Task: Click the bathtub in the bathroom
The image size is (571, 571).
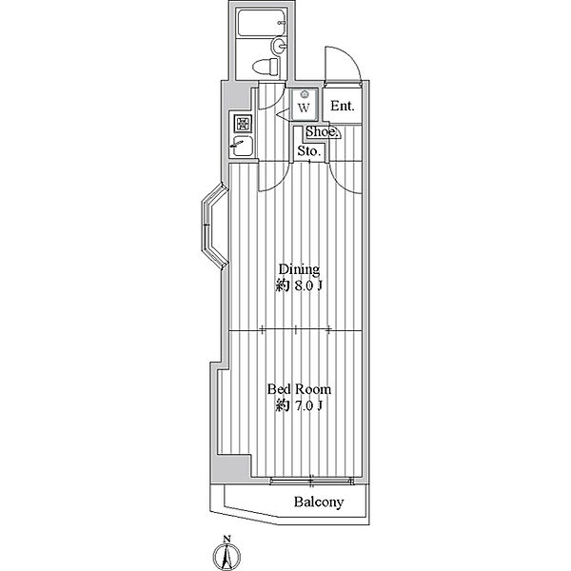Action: pos(262,23)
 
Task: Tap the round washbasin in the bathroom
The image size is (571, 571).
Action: pos(279,45)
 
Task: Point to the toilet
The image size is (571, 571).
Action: pos(266,68)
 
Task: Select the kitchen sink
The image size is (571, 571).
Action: pos(242,146)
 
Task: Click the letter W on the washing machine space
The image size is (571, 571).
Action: pos(304,108)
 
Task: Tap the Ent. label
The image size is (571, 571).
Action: pos(343,106)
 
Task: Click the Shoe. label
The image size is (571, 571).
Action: pos(322,132)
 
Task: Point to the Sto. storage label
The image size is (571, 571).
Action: pos(308,150)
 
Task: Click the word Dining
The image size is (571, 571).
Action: pos(299,269)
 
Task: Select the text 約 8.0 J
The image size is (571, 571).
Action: pos(299,285)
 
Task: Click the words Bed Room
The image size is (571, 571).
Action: pos(300,389)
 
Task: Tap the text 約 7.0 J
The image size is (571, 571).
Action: pos(299,405)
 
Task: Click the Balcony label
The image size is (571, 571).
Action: pos(319,502)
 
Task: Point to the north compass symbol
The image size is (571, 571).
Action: pos(226,556)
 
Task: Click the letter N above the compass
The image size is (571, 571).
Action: pos(226,539)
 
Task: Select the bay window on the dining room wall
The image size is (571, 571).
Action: pos(214,226)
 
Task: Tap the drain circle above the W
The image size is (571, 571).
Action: pos(304,95)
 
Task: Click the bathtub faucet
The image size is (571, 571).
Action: pos(281,23)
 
